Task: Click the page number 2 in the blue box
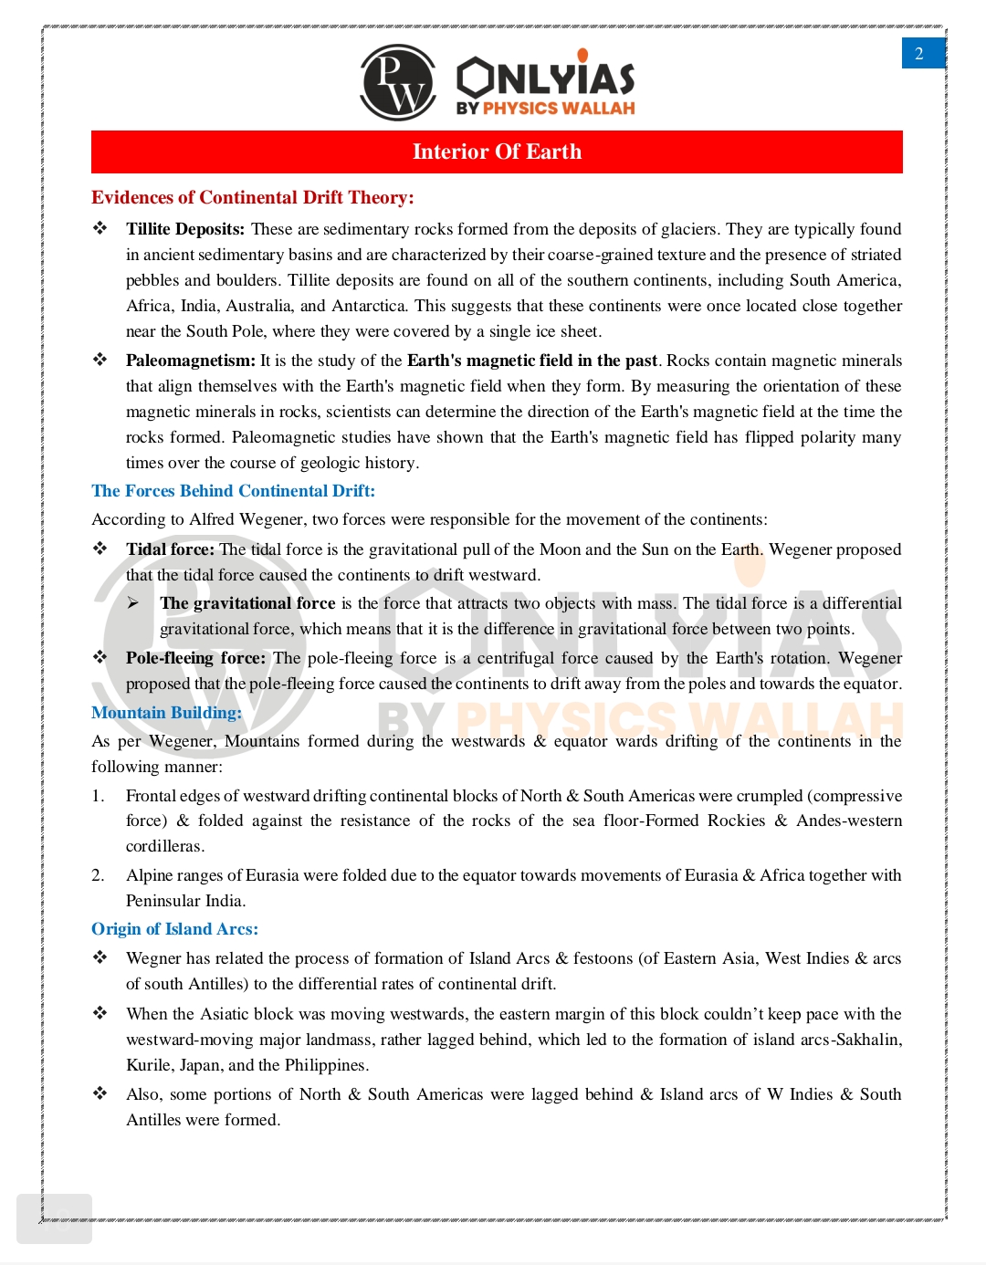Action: [x=919, y=54]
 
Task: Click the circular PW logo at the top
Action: [x=398, y=82]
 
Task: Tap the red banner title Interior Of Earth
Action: [x=497, y=152]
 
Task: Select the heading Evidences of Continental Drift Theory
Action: [x=252, y=197]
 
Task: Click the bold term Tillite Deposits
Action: [x=185, y=229]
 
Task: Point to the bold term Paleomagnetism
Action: [x=190, y=361]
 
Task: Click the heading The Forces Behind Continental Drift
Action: [x=233, y=491]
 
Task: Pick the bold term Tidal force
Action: [x=170, y=549]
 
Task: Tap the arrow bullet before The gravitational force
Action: [x=133, y=603]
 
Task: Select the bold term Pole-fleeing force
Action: [x=195, y=658]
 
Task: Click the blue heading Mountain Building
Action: [x=166, y=713]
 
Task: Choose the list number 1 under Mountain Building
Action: [x=98, y=796]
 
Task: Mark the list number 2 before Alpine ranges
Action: [x=98, y=875]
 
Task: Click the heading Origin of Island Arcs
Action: [x=174, y=929]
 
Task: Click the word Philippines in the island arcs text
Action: [x=325, y=1065]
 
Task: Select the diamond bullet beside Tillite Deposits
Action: [x=100, y=228]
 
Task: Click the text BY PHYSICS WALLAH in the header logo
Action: [x=545, y=108]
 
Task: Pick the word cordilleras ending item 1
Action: [x=164, y=846]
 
